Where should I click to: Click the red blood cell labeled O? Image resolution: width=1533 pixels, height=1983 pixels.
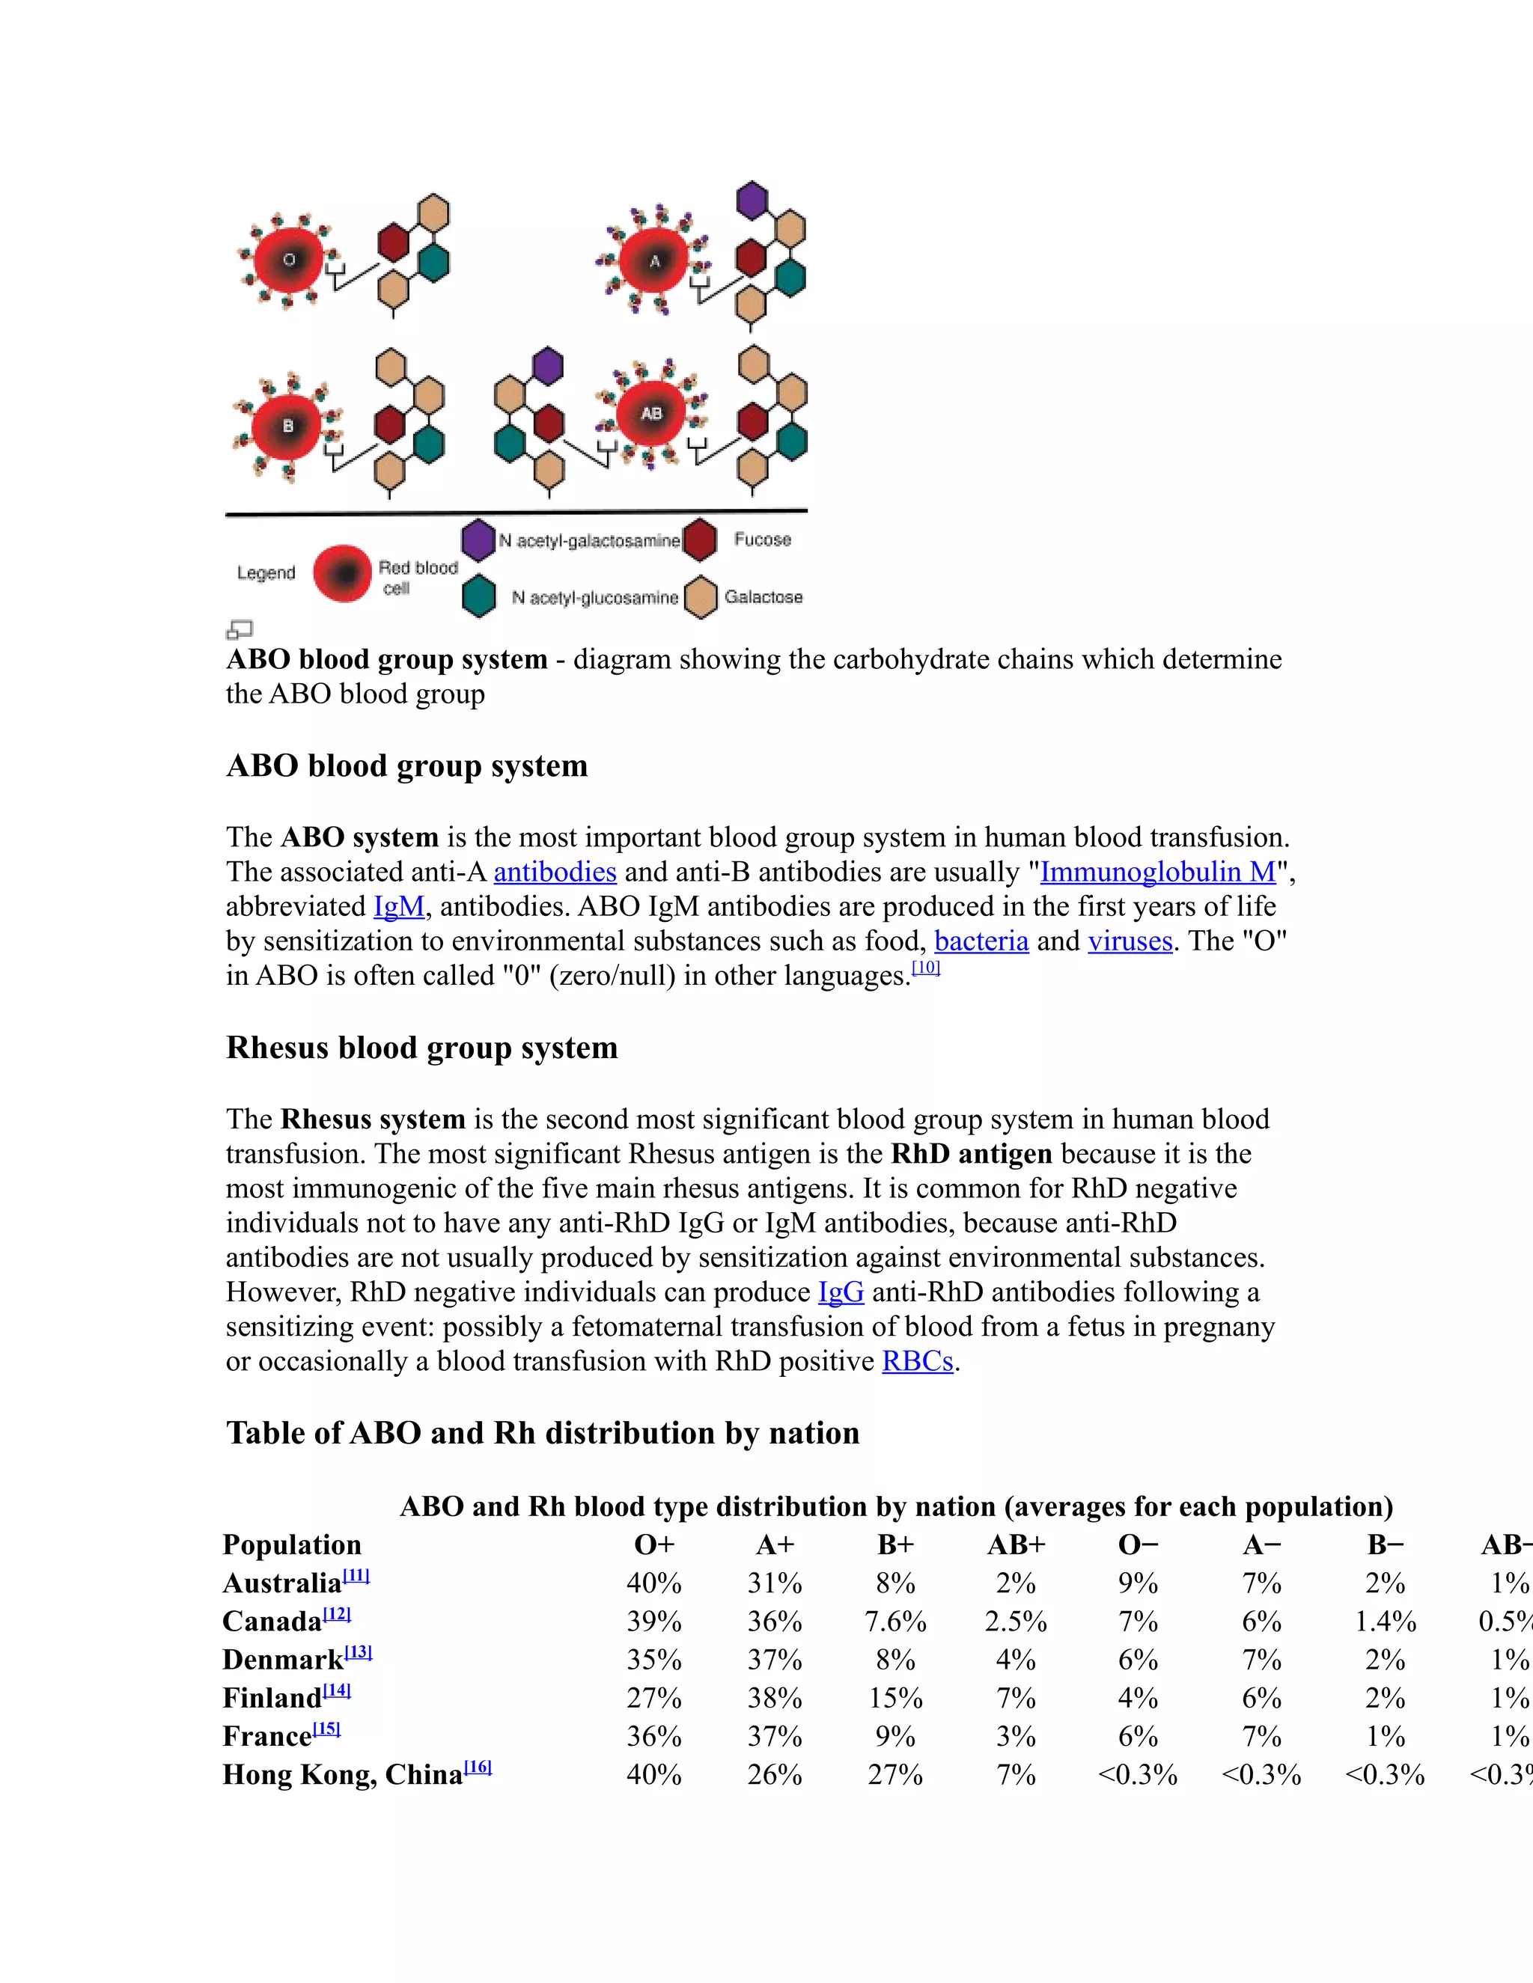pyautogui.click(x=289, y=260)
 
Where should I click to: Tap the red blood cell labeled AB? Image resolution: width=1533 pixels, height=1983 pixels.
pyautogui.click(x=651, y=413)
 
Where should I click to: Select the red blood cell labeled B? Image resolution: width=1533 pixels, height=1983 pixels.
pyautogui.click(x=287, y=426)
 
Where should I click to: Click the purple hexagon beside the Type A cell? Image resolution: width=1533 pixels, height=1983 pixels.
pyautogui.click(x=752, y=201)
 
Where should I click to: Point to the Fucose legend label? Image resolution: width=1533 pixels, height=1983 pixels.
pyautogui.click(x=762, y=540)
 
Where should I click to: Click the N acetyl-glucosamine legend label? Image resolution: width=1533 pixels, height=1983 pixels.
pyautogui.click(x=595, y=597)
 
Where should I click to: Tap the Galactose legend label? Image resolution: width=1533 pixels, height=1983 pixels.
pyautogui.click(x=763, y=596)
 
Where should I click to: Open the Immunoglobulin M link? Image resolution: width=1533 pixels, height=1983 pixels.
pyautogui.click(x=1158, y=872)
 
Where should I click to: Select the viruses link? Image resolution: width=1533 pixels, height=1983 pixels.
pyautogui.click(x=1130, y=941)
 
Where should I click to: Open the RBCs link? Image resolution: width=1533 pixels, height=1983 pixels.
pyautogui.click(x=917, y=1361)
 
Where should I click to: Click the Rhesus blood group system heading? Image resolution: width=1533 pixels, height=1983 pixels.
pyautogui.click(x=421, y=1047)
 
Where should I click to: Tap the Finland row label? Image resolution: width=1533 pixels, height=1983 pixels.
pyautogui.click(x=272, y=1698)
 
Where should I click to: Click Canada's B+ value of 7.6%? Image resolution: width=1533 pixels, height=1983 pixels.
pyautogui.click(x=894, y=1622)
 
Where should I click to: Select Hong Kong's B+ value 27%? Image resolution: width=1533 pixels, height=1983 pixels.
pyautogui.click(x=894, y=1774)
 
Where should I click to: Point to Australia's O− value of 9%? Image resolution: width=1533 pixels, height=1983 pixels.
pyautogui.click(x=1137, y=1583)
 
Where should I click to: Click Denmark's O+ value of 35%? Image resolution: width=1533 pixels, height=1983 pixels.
pyautogui.click(x=654, y=1660)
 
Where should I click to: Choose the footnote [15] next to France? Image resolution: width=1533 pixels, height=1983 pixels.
pyautogui.click(x=327, y=1729)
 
